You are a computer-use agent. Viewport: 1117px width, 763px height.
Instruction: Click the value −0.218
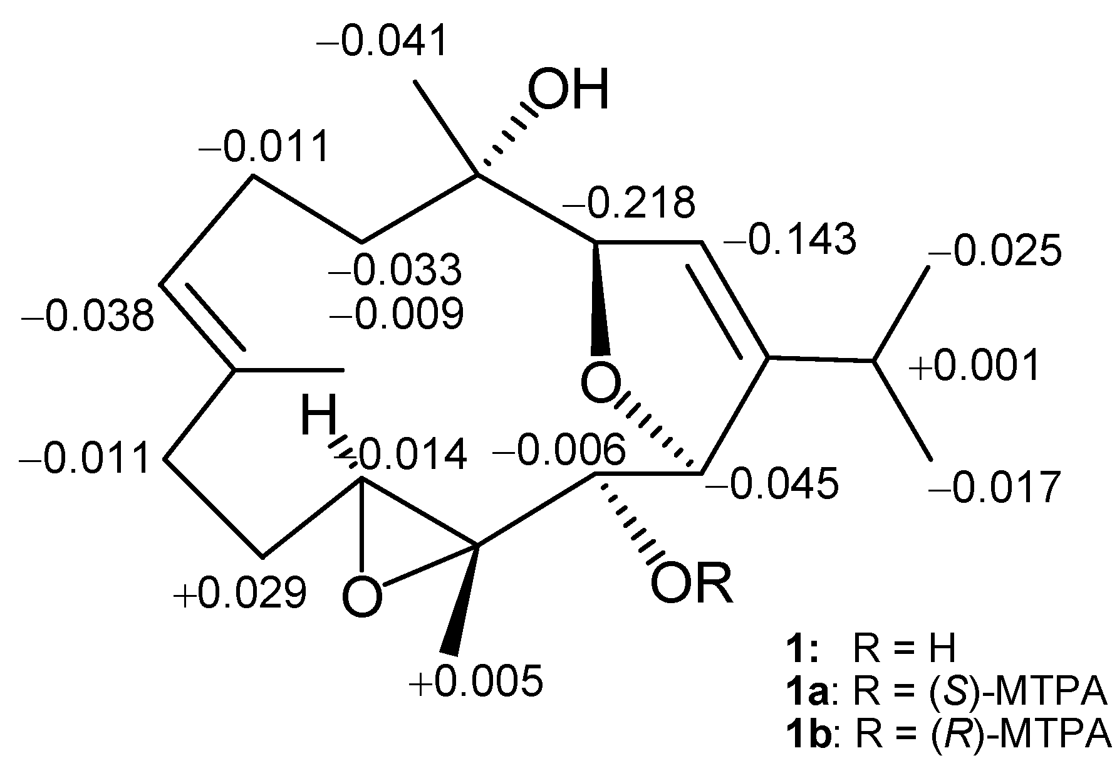(629, 203)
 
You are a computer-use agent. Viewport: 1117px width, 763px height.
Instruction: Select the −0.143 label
(789, 239)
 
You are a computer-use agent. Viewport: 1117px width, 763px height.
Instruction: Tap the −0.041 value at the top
(383, 41)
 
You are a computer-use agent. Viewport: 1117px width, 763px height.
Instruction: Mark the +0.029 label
(240, 592)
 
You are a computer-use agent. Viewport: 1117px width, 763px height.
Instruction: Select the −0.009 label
(397, 313)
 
